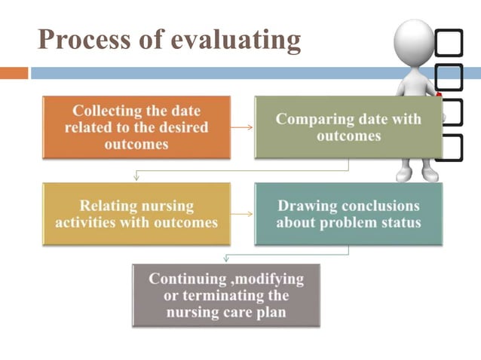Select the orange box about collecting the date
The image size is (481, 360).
point(136,127)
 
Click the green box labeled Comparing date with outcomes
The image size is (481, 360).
point(348,127)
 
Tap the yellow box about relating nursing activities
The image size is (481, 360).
point(136,214)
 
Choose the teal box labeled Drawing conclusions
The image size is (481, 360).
point(348,214)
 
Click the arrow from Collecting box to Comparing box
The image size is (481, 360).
point(241,127)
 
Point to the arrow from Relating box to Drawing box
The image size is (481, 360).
point(241,214)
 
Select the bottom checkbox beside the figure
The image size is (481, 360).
point(450,148)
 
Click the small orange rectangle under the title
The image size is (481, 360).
point(14,74)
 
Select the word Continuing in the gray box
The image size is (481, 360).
point(184,279)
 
